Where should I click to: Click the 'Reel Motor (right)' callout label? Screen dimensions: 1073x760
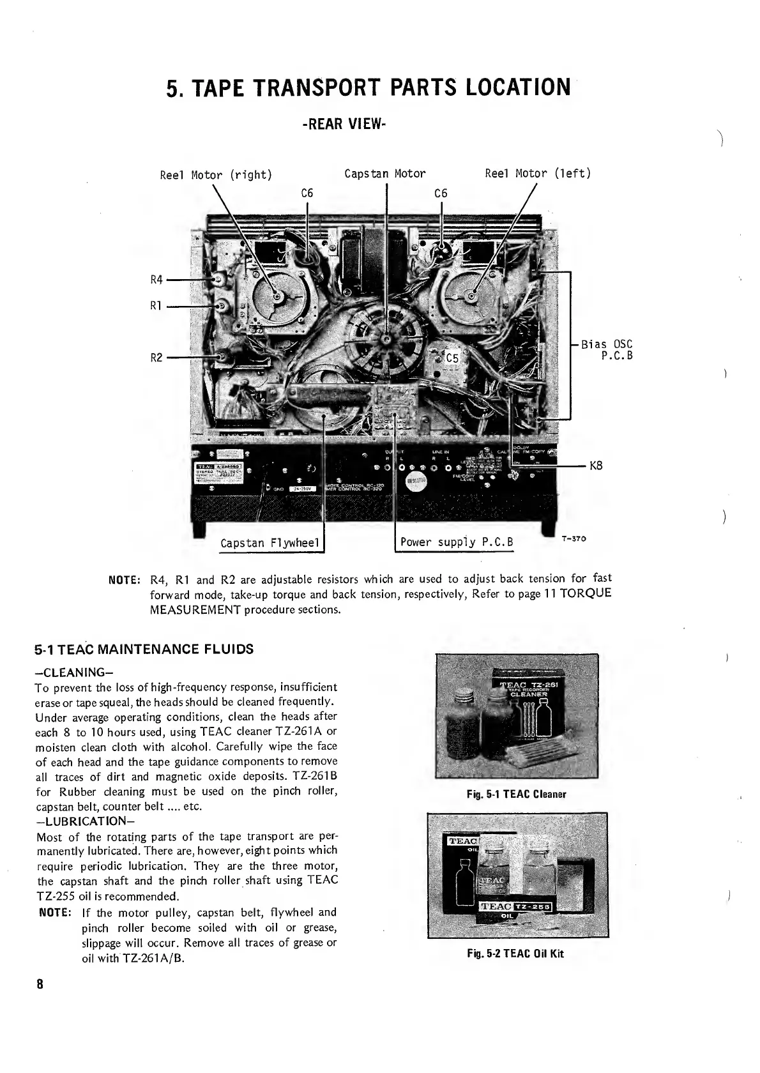(x=216, y=175)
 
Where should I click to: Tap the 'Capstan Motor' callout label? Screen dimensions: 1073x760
(x=384, y=174)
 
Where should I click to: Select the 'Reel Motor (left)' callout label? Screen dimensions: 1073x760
(x=538, y=173)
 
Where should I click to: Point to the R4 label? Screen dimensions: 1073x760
(x=157, y=279)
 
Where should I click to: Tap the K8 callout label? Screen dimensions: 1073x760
(x=596, y=467)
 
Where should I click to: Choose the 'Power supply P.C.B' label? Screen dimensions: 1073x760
(x=457, y=543)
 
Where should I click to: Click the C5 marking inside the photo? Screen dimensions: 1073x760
(x=452, y=359)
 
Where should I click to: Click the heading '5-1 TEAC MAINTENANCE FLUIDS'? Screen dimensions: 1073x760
(x=144, y=650)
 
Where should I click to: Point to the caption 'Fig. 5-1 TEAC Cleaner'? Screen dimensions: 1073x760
(x=516, y=795)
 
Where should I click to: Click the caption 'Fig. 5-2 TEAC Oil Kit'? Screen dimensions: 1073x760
(x=515, y=954)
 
